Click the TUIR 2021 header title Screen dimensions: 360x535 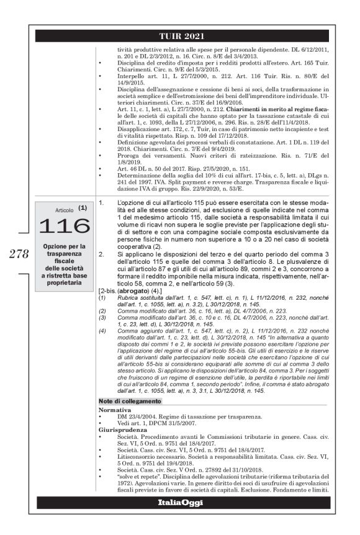click(x=179, y=36)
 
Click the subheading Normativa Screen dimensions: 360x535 click(x=115, y=410)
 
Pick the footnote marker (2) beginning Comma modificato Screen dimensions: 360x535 click(x=102, y=308)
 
